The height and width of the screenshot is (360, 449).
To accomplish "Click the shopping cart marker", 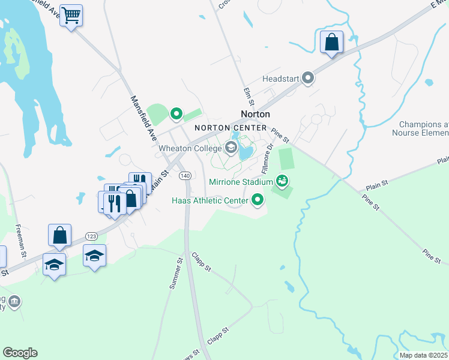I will pyautogui.click(x=71, y=16).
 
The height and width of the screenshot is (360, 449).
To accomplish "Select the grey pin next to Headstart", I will pyautogui.click(x=309, y=78).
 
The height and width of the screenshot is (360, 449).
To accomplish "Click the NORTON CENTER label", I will pyautogui.click(x=230, y=128).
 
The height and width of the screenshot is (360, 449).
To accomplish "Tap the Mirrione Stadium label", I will pyautogui.click(x=241, y=181).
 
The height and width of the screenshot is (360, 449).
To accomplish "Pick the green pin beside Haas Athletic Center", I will pyautogui.click(x=258, y=200).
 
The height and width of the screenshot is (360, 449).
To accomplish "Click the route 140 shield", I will pyautogui.click(x=185, y=175).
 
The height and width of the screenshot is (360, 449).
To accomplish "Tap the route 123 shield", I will pyautogui.click(x=92, y=236).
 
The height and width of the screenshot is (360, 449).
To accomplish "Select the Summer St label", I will pyautogui.click(x=175, y=274).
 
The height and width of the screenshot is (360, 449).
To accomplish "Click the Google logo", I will pyautogui.click(x=20, y=352).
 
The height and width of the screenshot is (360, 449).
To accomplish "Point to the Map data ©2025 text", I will pyautogui.click(x=423, y=355).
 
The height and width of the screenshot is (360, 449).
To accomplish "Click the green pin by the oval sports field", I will pyautogui.click(x=176, y=113).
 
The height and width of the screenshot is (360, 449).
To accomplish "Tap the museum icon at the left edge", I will pyautogui.click(x=15, y=301).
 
